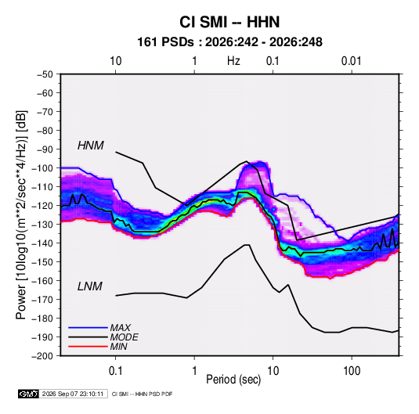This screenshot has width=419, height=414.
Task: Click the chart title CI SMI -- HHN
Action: coord(229,22)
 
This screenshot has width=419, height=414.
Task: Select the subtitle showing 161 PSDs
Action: coord(229,42)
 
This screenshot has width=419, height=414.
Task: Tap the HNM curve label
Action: coord(91,146)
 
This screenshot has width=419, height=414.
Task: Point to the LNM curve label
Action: coord(90,286)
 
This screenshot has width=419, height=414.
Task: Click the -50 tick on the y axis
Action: coord(45,74)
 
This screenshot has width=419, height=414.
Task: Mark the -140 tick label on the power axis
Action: coord(42,243)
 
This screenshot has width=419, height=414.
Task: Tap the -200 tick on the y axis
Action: coord(42,356)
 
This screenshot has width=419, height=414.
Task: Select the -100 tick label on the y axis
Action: coord(42,168)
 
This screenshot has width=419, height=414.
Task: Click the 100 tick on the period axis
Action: coord(352,371)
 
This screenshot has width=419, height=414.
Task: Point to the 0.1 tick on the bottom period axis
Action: coord(115,371)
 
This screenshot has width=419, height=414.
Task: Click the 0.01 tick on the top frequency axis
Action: coord(352,61)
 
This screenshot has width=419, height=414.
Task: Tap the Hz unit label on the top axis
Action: coord(233,61)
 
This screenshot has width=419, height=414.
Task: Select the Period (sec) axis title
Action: coord(233,380)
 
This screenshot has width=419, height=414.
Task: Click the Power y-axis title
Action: coord(21,214)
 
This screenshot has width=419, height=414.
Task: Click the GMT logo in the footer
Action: coord(28,394)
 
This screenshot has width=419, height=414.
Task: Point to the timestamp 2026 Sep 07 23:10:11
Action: coord(73,394)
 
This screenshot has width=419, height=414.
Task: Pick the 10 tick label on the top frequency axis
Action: coord(116,61)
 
